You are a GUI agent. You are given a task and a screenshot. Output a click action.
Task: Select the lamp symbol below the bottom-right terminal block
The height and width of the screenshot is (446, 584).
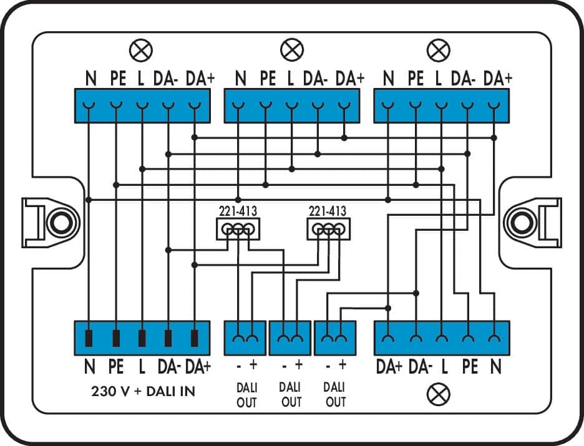click(442, 394)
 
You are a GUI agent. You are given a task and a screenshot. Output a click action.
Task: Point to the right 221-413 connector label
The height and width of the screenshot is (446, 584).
click(328, 211)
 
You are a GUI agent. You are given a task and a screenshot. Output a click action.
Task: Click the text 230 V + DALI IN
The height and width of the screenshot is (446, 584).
click(143, 392)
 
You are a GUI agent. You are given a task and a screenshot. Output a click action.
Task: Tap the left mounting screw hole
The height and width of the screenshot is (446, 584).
click(59, 222)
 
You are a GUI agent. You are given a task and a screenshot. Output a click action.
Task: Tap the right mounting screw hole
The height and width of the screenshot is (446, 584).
click(519, 222)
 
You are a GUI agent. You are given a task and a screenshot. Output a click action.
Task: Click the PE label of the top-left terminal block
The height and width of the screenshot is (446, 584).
click(117, 79)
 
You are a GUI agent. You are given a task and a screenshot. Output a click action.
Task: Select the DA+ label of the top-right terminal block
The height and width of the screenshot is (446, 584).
click(498, 79)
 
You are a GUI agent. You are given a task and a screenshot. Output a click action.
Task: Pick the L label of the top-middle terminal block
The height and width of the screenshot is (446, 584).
click(290, 79)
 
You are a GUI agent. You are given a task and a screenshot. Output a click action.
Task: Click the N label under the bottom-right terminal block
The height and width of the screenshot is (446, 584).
click(495, 367)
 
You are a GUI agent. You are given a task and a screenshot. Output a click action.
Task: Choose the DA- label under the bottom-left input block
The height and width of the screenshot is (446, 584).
click(168, 367)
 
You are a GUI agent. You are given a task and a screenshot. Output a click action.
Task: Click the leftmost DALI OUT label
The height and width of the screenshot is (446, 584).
click(246, 395)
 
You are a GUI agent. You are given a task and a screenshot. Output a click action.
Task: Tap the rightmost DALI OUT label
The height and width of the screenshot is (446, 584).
click(336, 395)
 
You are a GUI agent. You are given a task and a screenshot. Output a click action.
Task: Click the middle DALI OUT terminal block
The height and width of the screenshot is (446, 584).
click(290, 337)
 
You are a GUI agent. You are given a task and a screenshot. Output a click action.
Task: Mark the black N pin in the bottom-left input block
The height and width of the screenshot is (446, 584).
click(89, 338)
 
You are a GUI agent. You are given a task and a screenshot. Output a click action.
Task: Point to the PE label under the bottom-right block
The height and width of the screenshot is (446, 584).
click(470, 367)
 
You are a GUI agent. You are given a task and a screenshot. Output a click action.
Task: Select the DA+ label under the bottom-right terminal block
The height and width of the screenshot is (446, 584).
click(389, 367)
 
